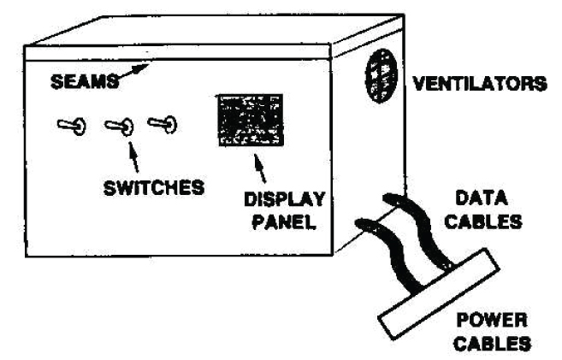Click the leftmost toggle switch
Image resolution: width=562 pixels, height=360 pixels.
70,126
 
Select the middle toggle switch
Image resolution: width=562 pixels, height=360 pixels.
119,127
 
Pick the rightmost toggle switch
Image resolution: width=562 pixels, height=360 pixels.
163,124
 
